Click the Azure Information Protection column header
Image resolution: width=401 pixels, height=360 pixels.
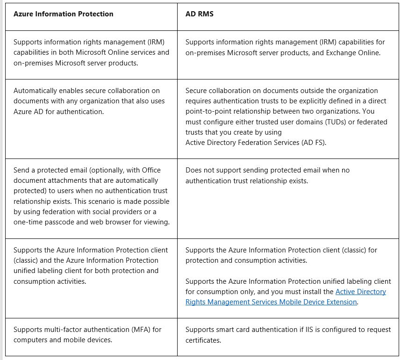pos(63,14)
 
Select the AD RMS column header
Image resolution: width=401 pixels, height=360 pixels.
pos(199,14)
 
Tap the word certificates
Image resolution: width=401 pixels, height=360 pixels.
pos(203,340)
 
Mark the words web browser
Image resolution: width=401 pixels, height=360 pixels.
pos(115,222)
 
